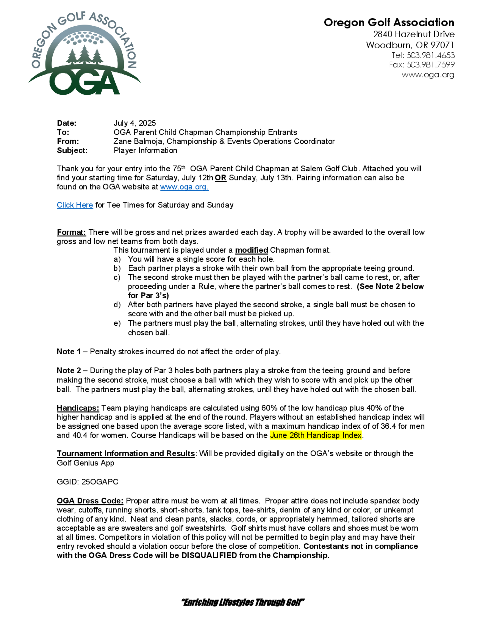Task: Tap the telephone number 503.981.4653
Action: click(430, 55)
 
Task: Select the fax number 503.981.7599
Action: click(430, 65)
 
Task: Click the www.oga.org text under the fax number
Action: click(428, 75)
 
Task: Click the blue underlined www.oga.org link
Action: click(184, 187)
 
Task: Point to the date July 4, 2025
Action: click(135, 123)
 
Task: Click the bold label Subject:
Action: click(72, 150)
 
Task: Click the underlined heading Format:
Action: click(71, 232)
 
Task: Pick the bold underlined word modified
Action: click(251, 250)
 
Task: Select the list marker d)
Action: click(117, 305)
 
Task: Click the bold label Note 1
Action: click(69, 351)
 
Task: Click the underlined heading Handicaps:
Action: click(78, 408)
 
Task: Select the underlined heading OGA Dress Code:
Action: click(90, 501)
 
